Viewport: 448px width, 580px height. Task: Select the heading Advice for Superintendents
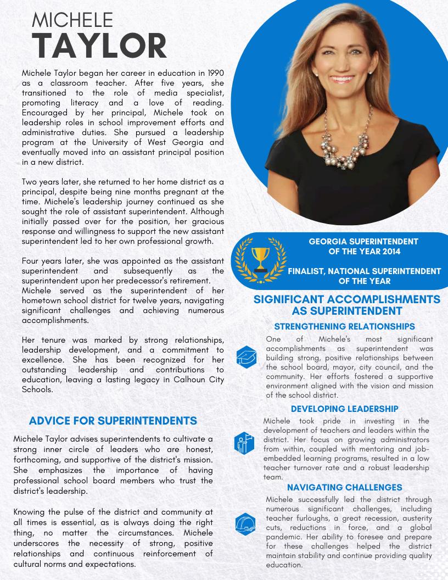113,421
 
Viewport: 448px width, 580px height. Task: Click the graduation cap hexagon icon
247,357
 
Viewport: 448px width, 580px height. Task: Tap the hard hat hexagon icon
244,523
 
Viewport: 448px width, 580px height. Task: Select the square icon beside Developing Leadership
244,442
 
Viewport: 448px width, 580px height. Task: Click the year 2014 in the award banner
403,252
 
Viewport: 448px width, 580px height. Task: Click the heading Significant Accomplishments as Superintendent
346,305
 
